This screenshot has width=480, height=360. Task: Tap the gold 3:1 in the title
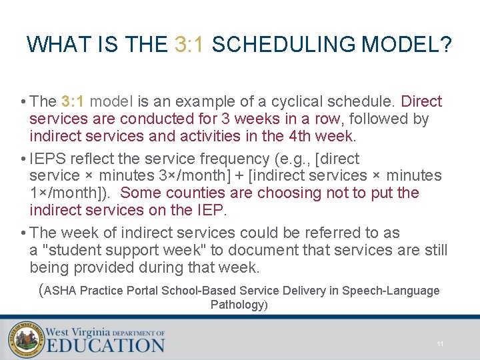click(x=190, y=45)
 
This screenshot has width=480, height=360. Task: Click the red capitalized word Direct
click(x=422, y=101)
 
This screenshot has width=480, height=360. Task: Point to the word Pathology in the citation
click(x=237, y=305)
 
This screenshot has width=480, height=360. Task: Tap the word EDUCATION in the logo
click(x=105, y=345)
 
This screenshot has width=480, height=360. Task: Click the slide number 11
click(x=440, y=343)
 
